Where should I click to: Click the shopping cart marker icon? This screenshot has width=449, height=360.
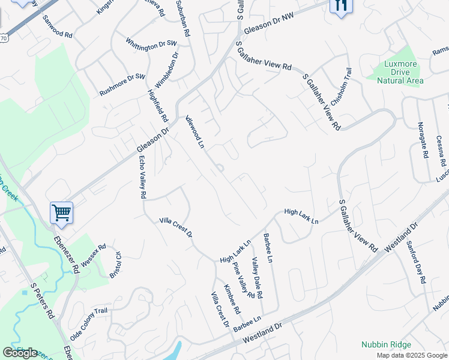(x=61, y=212)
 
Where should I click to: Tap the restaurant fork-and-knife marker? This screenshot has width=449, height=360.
(x=341, y=6)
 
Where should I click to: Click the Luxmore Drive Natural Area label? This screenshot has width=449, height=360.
(x=400, y=72)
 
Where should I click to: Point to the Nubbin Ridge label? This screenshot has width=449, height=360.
(x=386, y=344)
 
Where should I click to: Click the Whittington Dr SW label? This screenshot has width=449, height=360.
(x=152, y=44)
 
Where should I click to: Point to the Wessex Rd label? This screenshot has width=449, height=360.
(x=93, y=255)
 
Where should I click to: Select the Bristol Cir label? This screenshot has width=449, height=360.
(x=115, y=265)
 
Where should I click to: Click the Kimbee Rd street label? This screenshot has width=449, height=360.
(x=232, y=299)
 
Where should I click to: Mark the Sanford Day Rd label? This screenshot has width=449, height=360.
(x=416, y=262)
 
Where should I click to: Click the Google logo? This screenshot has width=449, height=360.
(x=20, y=353)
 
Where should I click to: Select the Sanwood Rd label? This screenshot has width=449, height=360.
(x=57, y=27)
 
